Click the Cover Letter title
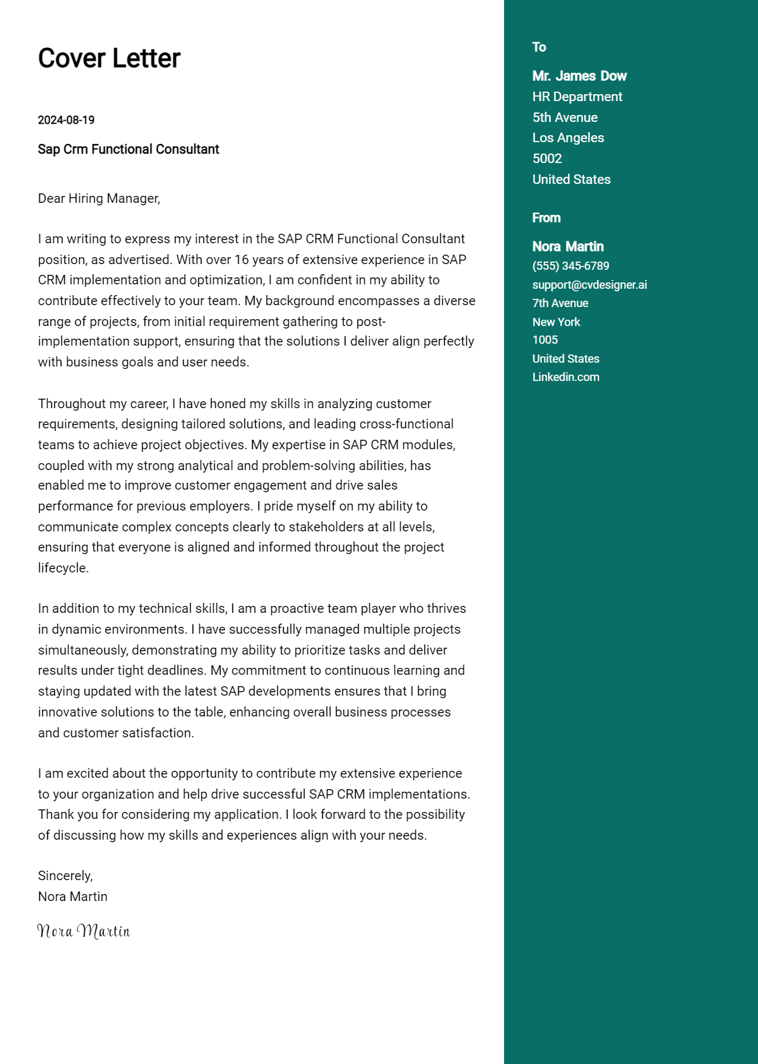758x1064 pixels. pos(109,59)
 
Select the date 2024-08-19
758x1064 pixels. pos(66,120)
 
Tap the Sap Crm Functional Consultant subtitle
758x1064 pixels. pos(128,150)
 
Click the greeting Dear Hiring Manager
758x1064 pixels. pos(99,198)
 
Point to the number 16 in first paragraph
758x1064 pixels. pos(242,260)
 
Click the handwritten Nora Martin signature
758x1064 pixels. pos(83,931)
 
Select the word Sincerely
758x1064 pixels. pos(65,876)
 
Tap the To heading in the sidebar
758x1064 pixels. pos(539,47)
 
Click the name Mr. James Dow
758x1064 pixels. pos(579,76)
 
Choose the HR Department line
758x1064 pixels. pos(577,97)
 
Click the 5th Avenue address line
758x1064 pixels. pos(565,118)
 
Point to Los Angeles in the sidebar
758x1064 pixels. pos(568,138)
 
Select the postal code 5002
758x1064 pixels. pos(547,159)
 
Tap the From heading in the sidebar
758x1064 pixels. pos(546,218)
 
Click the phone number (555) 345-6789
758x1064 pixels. pos(570,266)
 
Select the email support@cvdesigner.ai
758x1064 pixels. pos(589,285)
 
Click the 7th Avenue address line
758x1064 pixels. pos(560,303)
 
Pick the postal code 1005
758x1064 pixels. pos(545,340)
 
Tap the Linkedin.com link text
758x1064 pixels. pos(565,377)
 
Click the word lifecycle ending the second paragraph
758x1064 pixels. pos(63,568)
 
